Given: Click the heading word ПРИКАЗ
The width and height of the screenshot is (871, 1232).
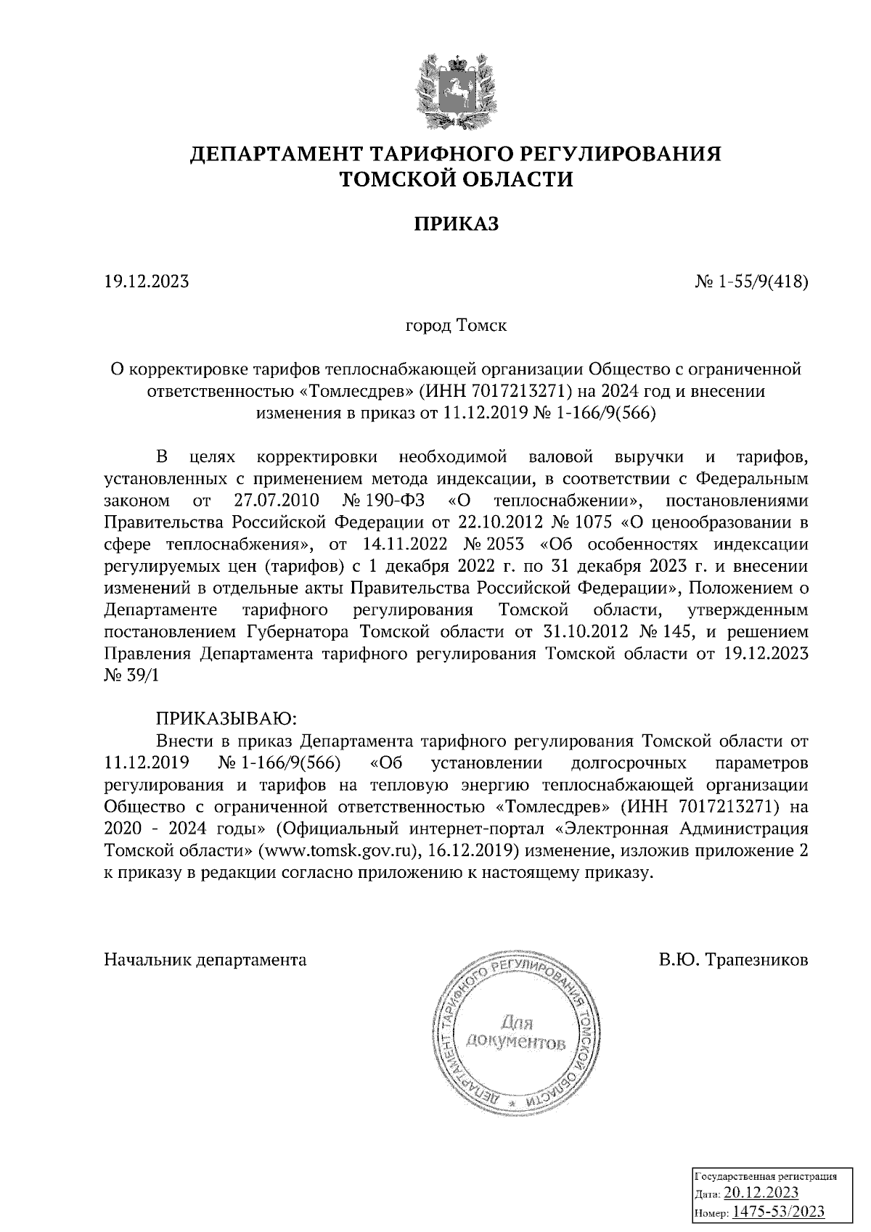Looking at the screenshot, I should point(457,224).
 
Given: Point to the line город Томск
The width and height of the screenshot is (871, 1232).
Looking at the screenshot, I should point(456,324).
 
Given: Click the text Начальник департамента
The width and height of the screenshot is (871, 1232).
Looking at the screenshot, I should point(205,960).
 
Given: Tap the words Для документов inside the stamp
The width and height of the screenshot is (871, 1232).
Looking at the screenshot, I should point(515,1034).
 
